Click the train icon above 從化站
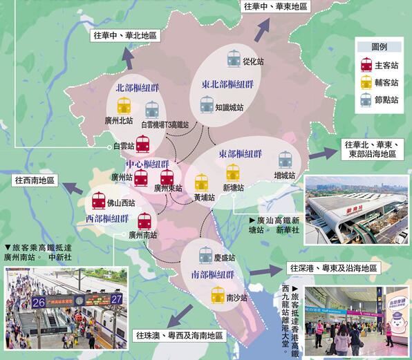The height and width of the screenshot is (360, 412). [234, 57]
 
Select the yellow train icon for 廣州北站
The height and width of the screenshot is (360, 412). [124, 106]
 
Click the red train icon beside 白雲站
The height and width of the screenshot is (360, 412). [142, 144]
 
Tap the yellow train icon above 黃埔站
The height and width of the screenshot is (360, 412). [201, 182]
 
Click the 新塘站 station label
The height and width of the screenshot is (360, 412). [235, 187]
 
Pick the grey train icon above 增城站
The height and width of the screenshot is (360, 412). [285, 160]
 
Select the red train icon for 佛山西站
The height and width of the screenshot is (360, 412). [100, 202]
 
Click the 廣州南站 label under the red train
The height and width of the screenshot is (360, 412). [144, 235]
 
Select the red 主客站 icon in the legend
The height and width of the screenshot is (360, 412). [366, 65]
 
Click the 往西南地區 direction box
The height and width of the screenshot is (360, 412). [37, 180]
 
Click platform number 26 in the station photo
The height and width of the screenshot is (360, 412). [39, 302]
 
